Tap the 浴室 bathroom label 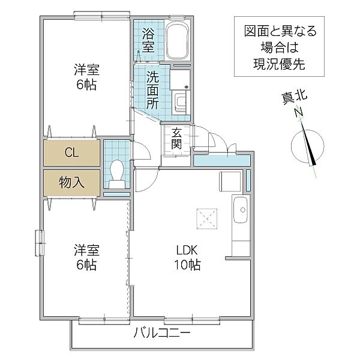point(148,41)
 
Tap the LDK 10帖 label point(188,257)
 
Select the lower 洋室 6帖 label point(85,257)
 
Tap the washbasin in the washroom point(181,101)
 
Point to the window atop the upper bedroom point(102,13)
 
